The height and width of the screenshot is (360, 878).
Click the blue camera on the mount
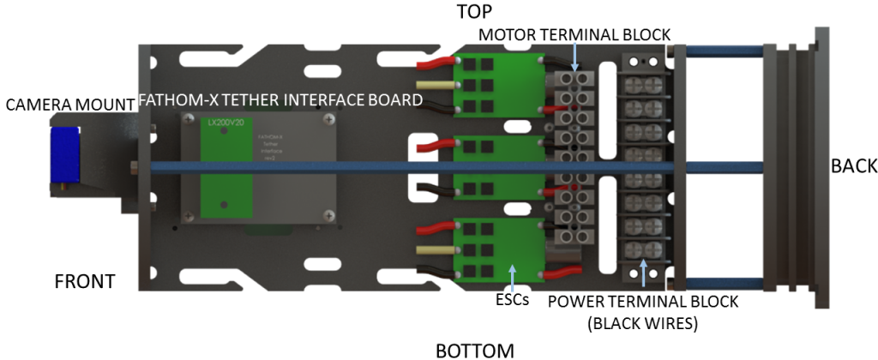point(63,154)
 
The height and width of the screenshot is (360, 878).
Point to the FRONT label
point(84,282)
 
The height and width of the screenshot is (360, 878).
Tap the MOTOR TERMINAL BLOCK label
point(574,33)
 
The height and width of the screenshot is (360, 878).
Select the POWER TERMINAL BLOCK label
point(642,302)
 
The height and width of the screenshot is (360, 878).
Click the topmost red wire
point(433,63)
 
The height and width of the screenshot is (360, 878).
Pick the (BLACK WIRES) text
point(643,324)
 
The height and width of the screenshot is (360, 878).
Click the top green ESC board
point(497,87)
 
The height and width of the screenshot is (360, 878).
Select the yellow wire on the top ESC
point(434,87)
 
